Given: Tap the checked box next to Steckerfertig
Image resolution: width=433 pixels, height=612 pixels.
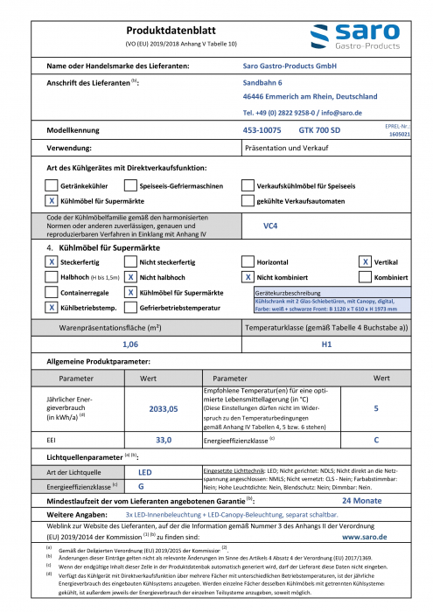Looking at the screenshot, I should coord(51,261).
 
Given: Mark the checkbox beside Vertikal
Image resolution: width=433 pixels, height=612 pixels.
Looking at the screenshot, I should coord(365,261).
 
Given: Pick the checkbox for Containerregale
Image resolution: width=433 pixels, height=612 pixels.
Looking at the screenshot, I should coord(51,291).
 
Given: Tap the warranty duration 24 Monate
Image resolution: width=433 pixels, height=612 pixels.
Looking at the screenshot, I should coord(361,501).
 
